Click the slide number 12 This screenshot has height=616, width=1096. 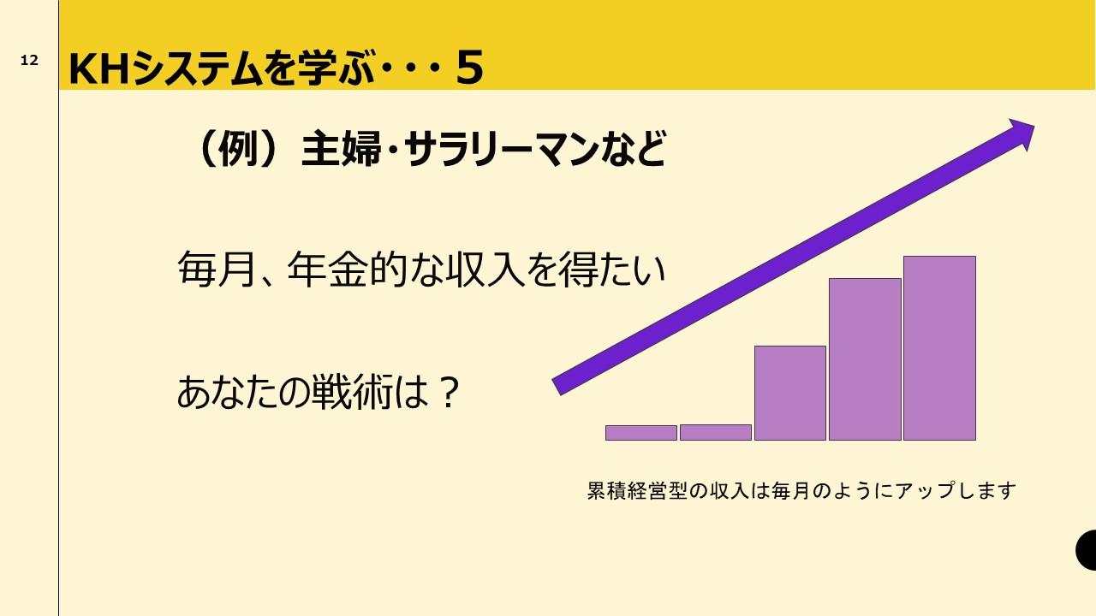pos(29,60)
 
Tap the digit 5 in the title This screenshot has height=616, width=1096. pos(470,68)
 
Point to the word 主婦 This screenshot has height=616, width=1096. pos(341,148)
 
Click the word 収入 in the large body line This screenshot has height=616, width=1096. pos(485,269)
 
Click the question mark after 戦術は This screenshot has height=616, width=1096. pos(449,393)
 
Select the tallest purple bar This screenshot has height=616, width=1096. pos(939,348)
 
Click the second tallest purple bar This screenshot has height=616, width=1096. pos(865,359)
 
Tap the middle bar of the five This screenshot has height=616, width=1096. pos(790,393)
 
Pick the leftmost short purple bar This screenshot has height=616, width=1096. pos(641,433)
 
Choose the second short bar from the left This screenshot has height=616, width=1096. pos(715,433)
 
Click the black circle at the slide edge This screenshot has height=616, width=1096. pos(1087,550)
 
